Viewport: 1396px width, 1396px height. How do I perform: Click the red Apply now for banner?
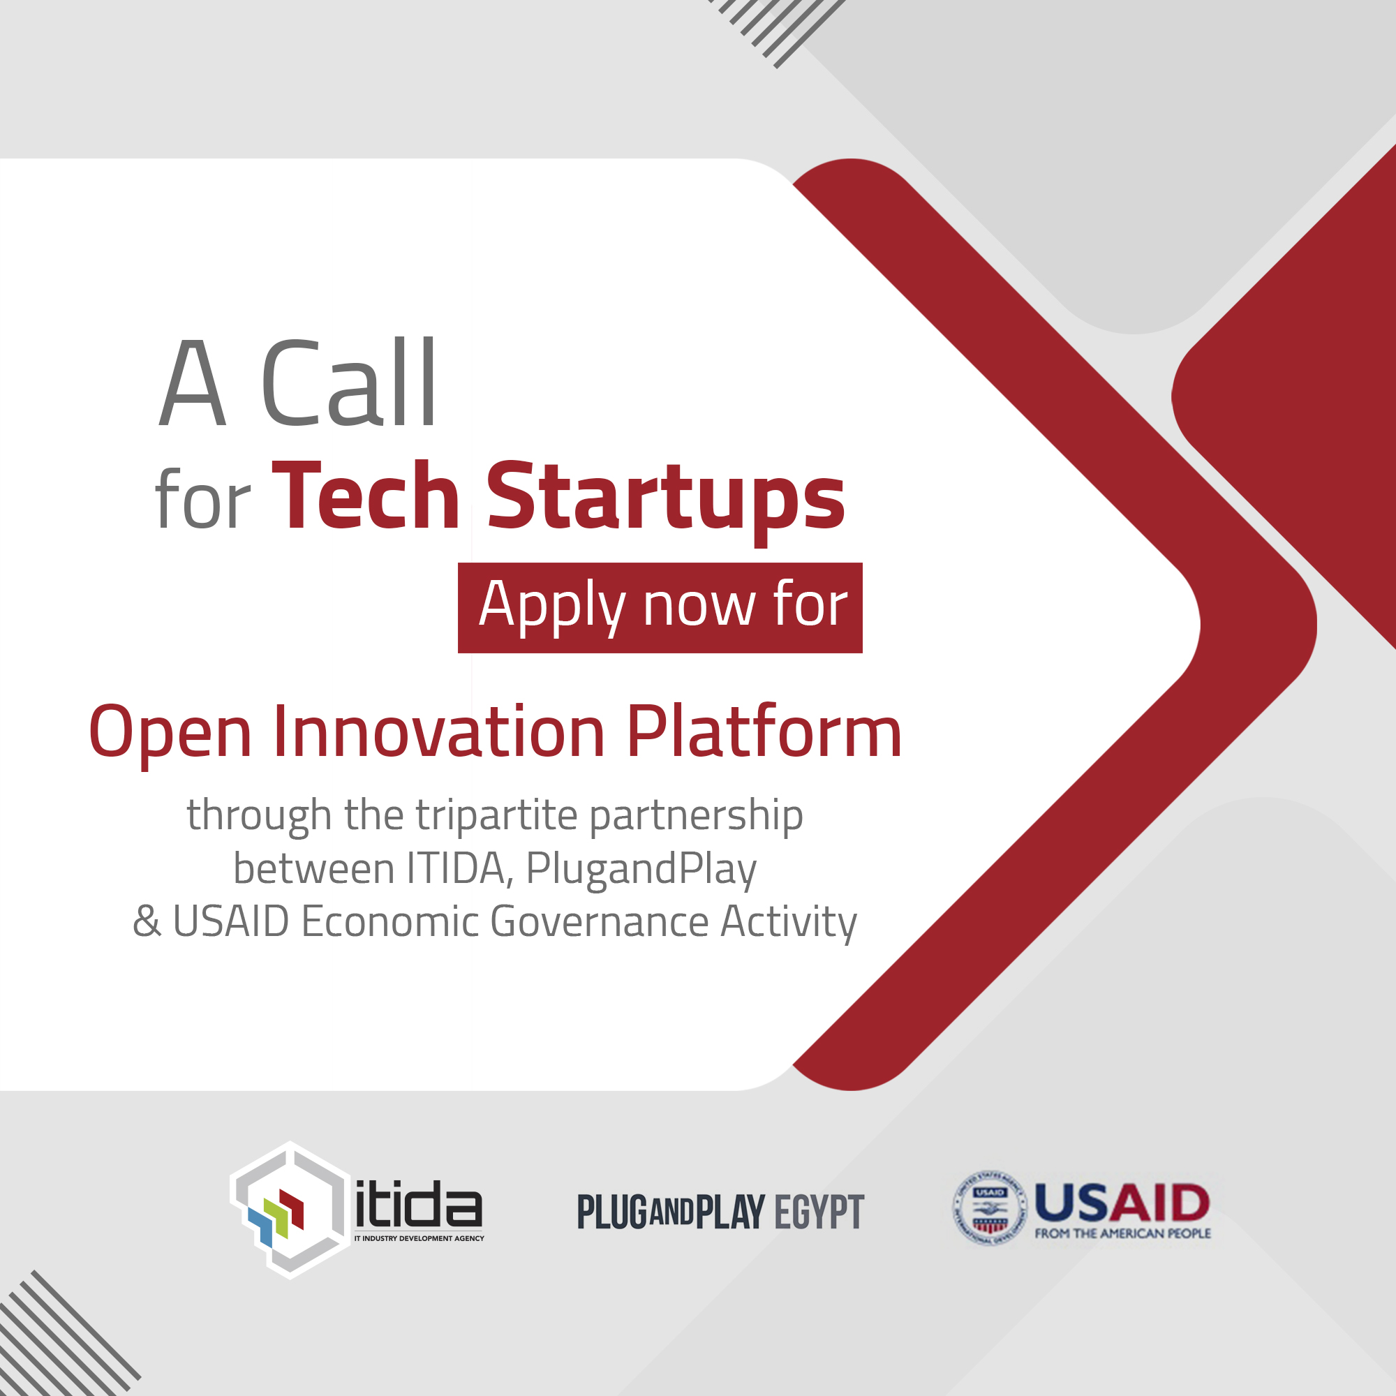coord(660,608)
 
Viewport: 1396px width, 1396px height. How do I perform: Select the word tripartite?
coord(496,816)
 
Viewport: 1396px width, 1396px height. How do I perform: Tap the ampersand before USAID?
coord(147,921)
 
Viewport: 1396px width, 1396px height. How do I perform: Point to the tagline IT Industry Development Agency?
coord(419,1238)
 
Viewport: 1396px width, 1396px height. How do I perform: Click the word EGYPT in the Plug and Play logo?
coord(819,1212)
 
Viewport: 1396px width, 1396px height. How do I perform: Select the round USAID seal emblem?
coord(988,1208)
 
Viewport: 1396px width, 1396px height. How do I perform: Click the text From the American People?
coord(1122,1233)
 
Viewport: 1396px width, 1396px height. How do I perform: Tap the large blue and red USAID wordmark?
coord(1122,1202)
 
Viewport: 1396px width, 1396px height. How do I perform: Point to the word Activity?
coord(788,923)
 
